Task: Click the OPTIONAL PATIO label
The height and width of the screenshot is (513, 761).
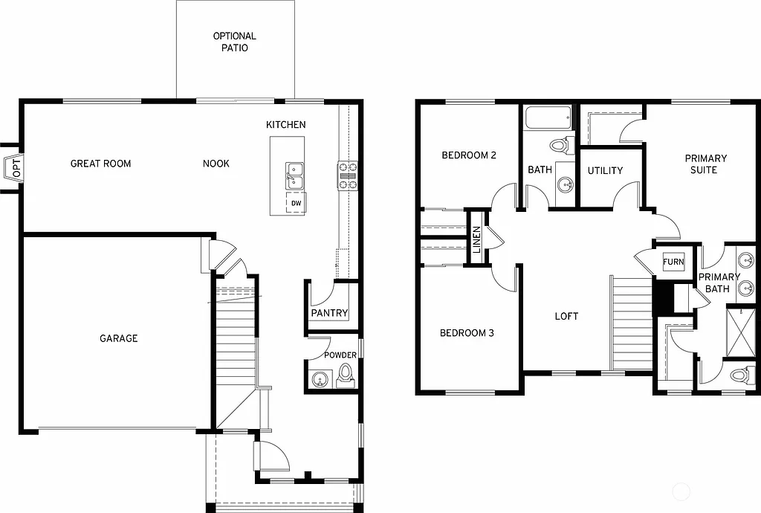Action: pyautogui.click(x=235, y=42)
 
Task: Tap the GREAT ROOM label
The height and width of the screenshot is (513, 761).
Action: pyautogui.click(x=100, y=164)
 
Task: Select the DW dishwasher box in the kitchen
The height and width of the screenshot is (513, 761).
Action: pyautogui.click(x=296, y=203)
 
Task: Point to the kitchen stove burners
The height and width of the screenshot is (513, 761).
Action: pyautogui.click(x=349, y=176)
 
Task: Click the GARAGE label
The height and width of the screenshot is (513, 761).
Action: pyautogui.click(x=119, y=338)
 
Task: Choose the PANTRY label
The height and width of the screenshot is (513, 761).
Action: pyautogui.click(x=329, y=313)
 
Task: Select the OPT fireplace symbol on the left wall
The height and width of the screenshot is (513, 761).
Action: pyautogui.click(x=14, y=168)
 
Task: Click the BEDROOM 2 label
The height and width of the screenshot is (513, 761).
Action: pyautogui.click(x=469, y=155)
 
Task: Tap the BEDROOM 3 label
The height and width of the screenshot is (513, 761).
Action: pyautogui.click(x=467, y=333)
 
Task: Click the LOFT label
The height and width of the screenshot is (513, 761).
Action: pyautogui.click(x=566, y=316)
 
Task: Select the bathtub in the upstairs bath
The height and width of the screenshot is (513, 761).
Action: pyautogui.click(x=548, y=118)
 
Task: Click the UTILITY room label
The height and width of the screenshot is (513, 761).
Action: pyautogui.click(x=605, y=171)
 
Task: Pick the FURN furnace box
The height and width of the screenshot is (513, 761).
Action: pyautogui.click(x=673, y=262)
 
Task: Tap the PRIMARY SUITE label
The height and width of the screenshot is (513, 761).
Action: pyautogui.click(x=705, y=164)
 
